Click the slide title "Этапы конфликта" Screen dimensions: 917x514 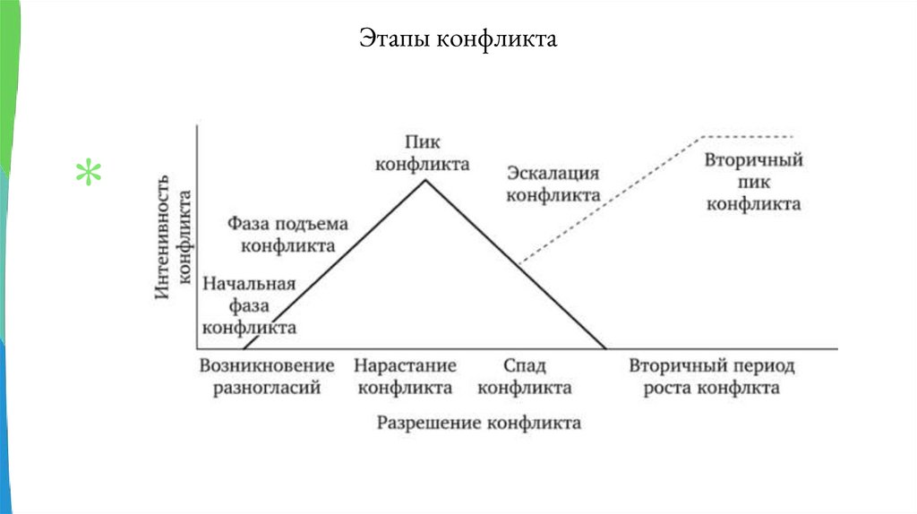(458, 39)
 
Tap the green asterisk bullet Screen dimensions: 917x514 (88, 174)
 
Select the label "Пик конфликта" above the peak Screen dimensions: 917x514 (423, 153)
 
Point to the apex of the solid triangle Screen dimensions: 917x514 (424, 180)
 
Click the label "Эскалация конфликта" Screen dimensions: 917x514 (553, 184)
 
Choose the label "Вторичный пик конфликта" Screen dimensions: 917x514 (753, 182)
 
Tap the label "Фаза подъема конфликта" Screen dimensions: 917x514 (287, 234)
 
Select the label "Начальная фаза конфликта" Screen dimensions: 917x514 (249, 306)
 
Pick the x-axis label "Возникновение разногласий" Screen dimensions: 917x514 (267, 377)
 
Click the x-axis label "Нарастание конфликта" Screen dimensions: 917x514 (404, 377)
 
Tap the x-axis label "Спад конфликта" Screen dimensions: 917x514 (524, 377)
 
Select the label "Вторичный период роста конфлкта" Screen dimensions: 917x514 (711, 377)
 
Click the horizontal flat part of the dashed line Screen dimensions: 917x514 (748, 136)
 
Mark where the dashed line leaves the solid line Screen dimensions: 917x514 (519, 264)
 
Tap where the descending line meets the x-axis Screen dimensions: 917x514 (606, 348)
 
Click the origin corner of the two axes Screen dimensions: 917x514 (197, 348)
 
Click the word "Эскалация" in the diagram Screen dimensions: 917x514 (553, 173)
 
